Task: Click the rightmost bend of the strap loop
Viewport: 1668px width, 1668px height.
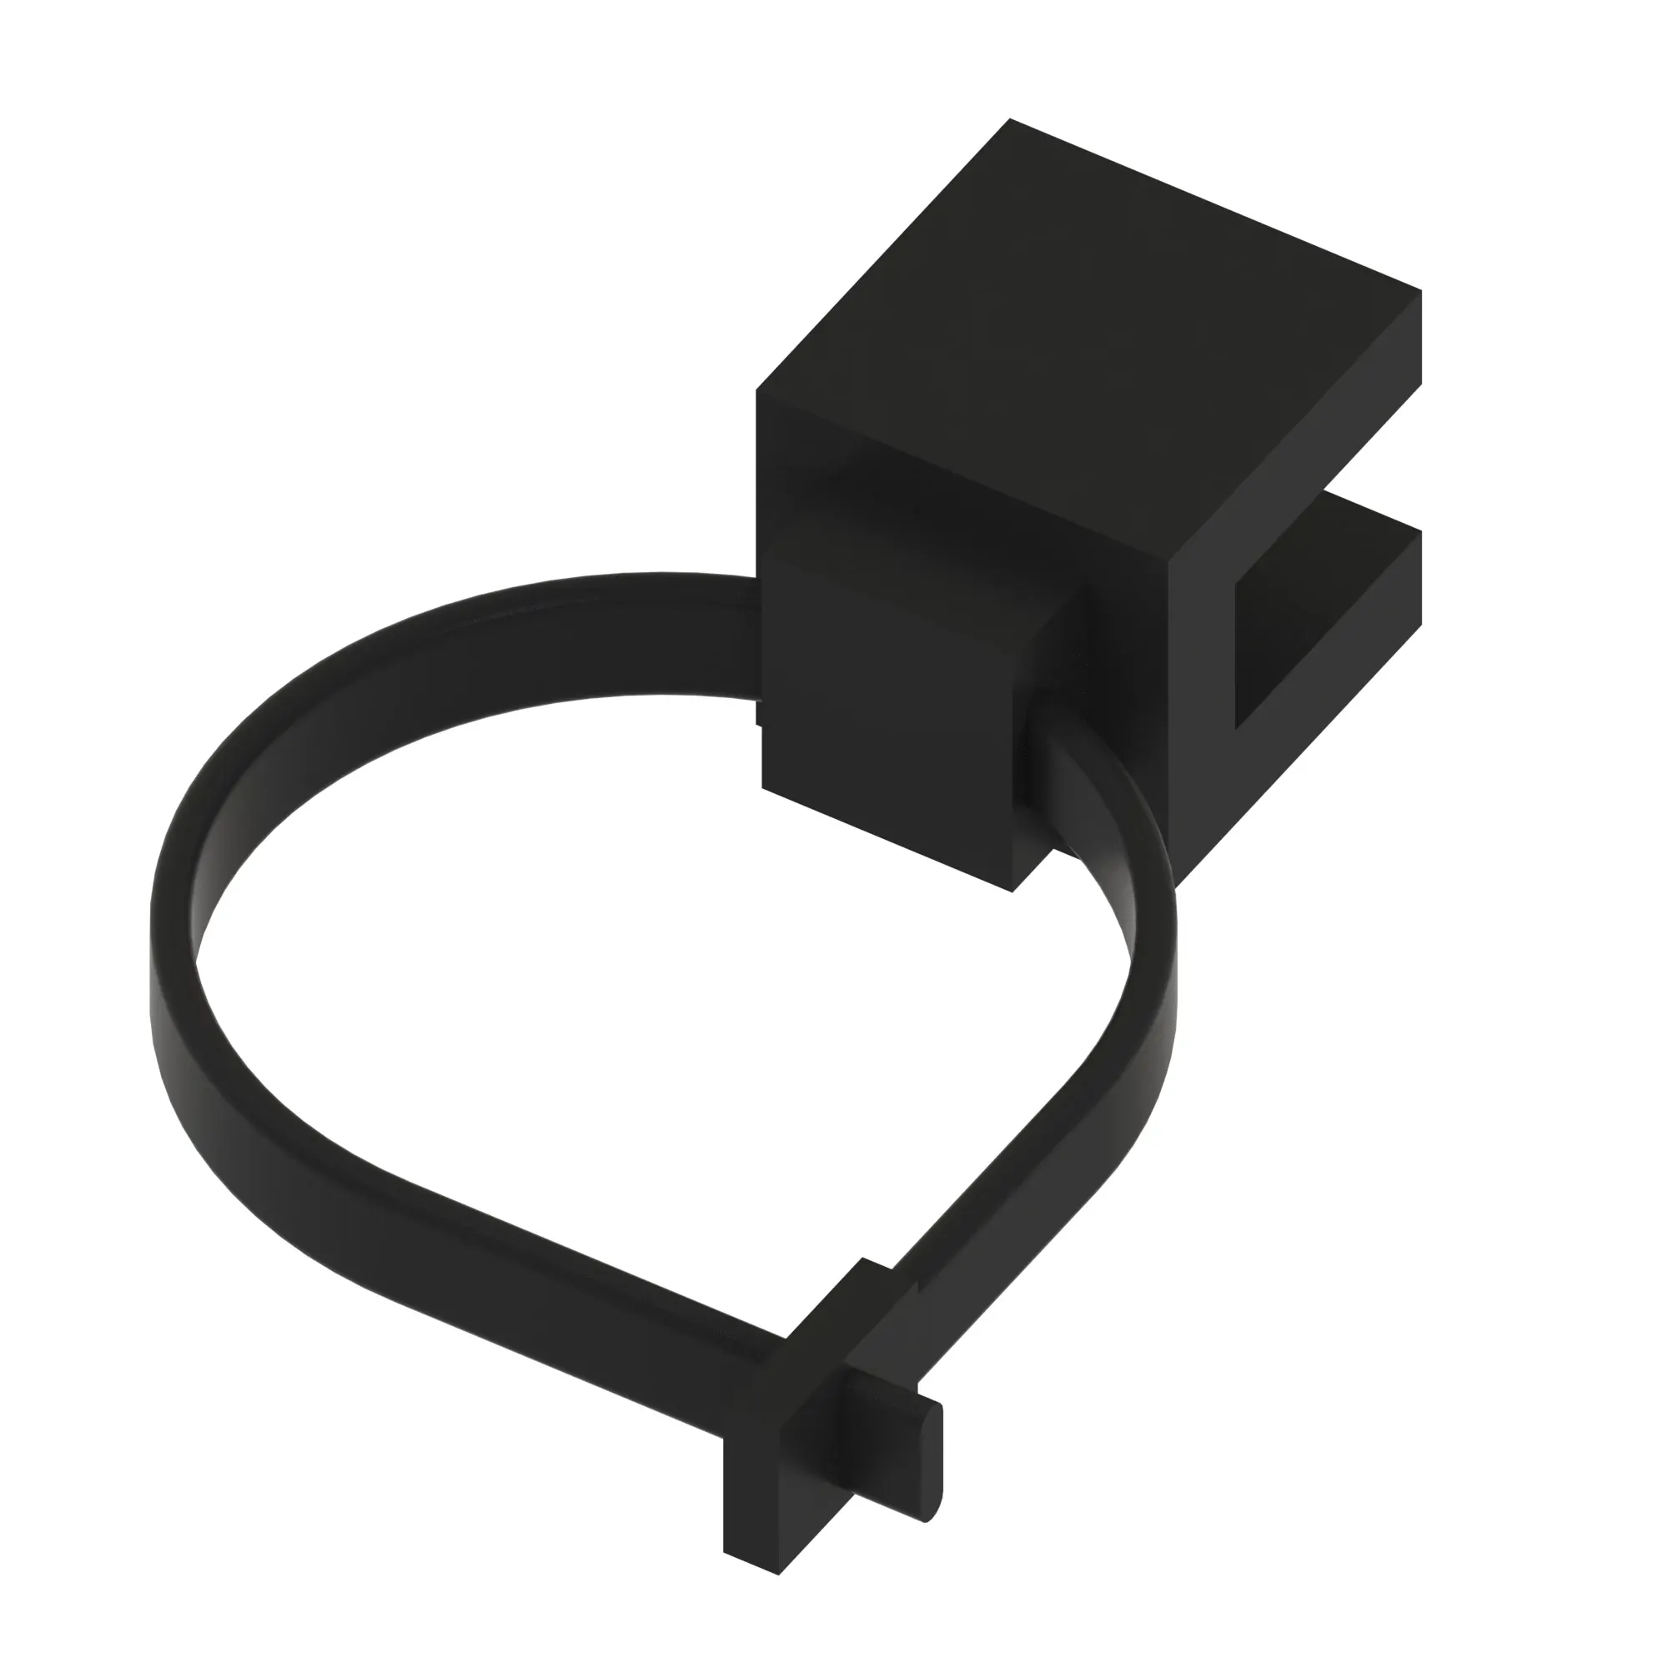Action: (1153, 992)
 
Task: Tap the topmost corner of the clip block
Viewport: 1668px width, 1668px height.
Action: (1010, 121)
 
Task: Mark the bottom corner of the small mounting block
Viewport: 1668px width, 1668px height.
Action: (1012, 889)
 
